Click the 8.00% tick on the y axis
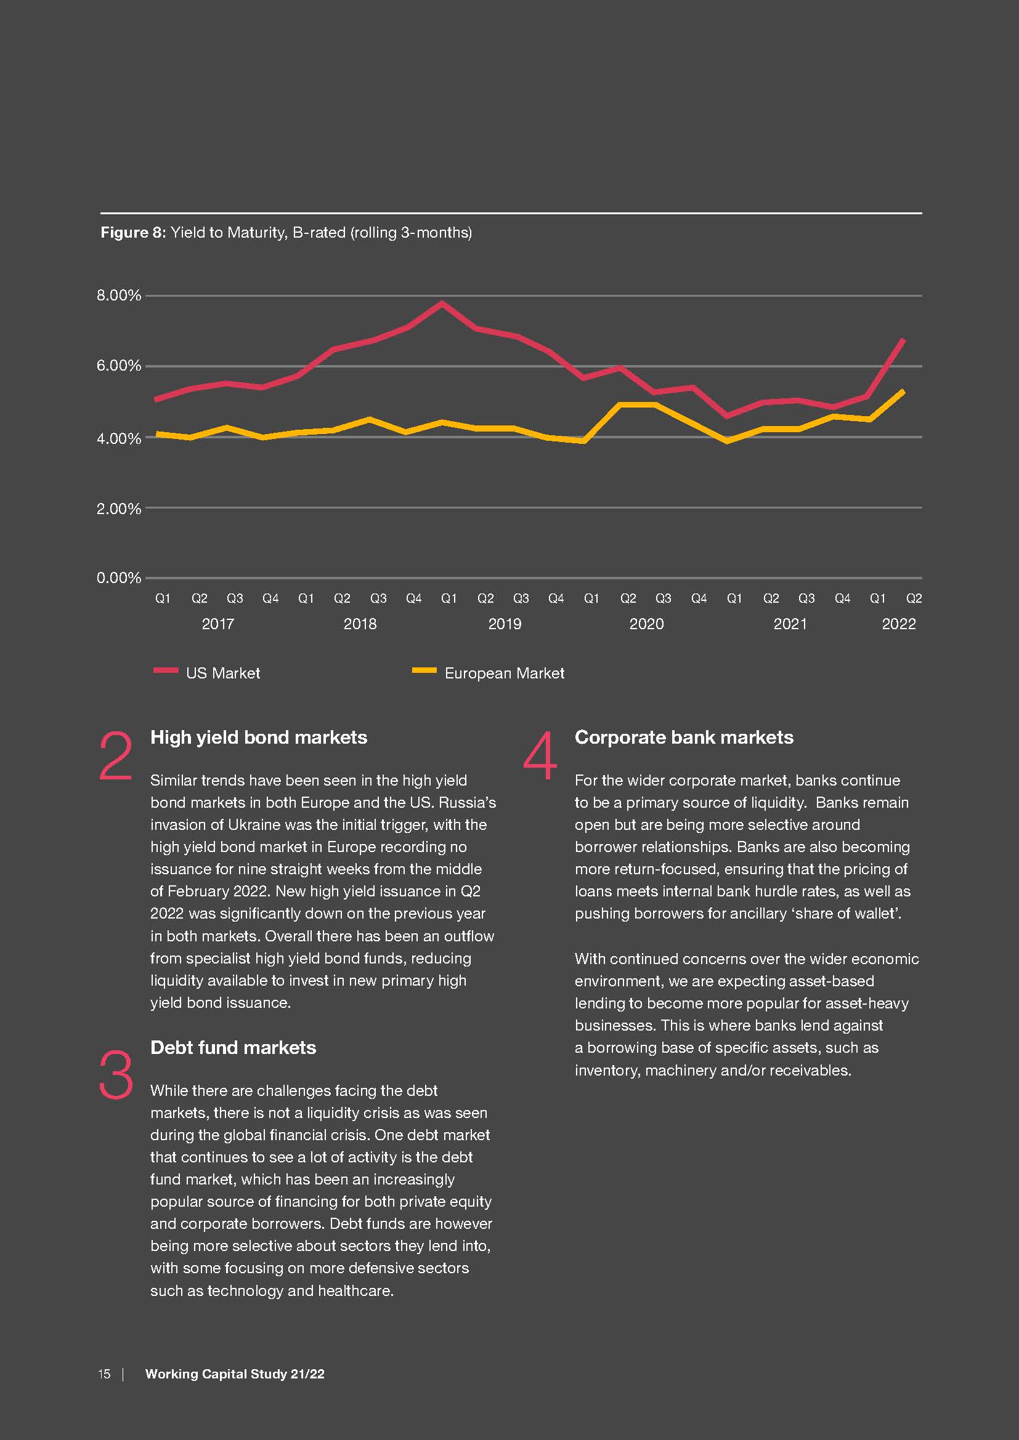[118, 296]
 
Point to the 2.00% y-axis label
[118, 509]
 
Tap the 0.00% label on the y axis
[118, 577]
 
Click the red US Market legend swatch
[166, 670]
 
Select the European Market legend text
[504, 673]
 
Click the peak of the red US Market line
[442, 304]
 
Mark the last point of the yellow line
[903, 392]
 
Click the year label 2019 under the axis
[505, 624]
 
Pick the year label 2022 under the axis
[898, 624]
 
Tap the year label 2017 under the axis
[217, 624]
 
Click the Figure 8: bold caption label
[133, 233]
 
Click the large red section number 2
[116, 757]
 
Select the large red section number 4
[540, 757]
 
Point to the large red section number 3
[116, 1076]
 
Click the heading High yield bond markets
[259, 738]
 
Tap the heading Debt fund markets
[233, 1047]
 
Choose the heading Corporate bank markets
[684, 738]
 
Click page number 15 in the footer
[104, 1374]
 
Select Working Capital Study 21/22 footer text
[235, 1374]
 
